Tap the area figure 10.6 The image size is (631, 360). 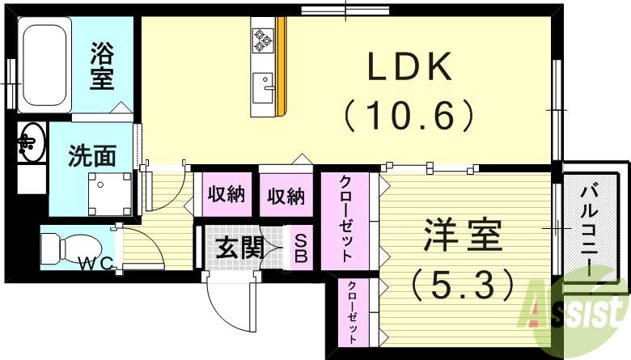(409, 116)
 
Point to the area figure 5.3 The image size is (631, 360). (462, 283)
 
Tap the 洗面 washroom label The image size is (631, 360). (91, 155)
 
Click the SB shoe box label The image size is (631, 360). (299, 248)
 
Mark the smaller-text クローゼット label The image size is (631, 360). (353, 312)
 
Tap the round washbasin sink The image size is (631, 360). (31, 142)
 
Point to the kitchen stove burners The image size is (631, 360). (264, 36)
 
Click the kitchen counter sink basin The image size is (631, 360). (263, 85)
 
